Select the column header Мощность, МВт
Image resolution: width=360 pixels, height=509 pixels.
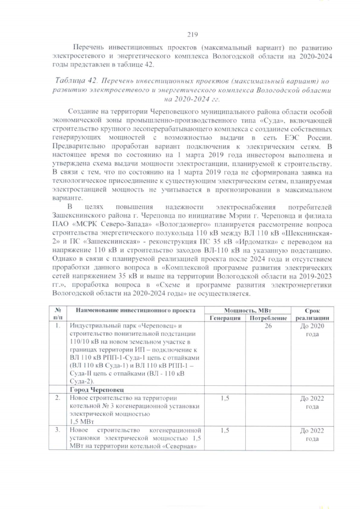[x=245, y=310]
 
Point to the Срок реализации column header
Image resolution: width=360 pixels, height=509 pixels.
[x=312, y=314]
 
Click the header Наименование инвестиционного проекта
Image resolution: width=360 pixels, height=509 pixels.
[x=133, y=310]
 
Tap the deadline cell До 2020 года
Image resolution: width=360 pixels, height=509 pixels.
[x=312, y=330]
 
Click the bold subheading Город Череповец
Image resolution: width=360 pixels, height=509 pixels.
[x=97, y=389]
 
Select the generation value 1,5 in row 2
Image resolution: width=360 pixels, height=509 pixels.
[x=224, y=398]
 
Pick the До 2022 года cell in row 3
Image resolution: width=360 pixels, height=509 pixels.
[x=312, y=434]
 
